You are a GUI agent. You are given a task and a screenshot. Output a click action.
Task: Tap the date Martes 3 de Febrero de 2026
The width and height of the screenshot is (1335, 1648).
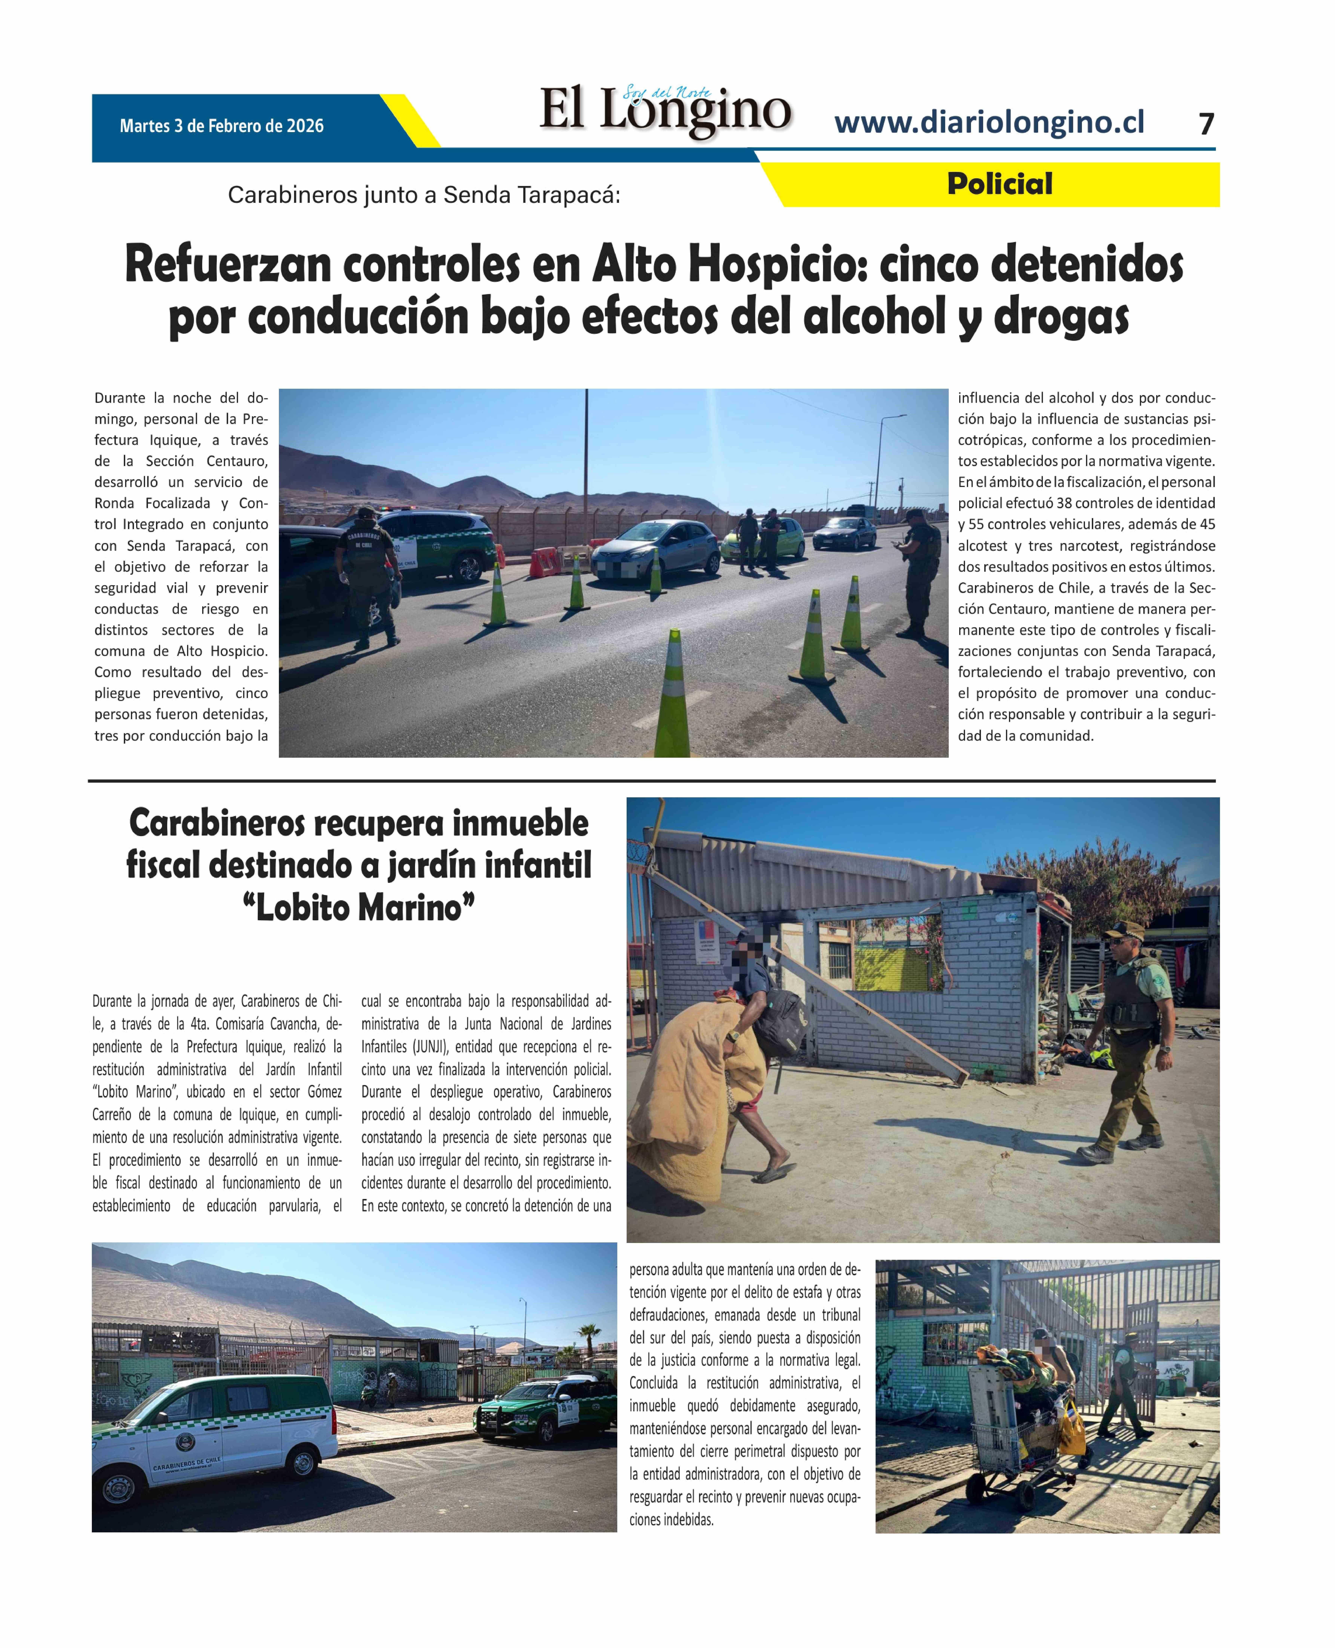pyautogui.click(x=221, y=126)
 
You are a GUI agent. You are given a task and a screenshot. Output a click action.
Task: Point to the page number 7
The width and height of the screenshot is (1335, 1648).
pyautogui.click(x=1206, y=125)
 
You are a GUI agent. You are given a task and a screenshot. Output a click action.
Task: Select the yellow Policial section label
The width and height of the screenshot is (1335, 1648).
pyautogui.click(x=999, y=185)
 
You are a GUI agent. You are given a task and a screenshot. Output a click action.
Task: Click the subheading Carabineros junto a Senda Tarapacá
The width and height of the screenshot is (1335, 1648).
pyautogui.click(x=424, y=195)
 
